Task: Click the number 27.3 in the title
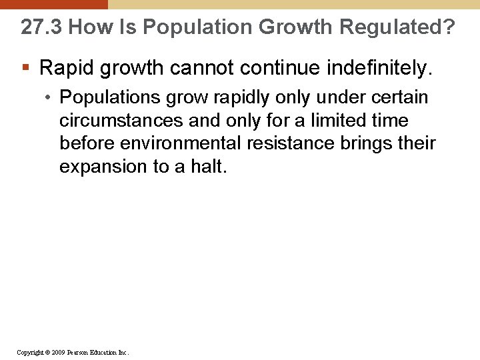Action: coord(41,27)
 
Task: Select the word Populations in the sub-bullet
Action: coord(110,97)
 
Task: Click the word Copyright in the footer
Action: coord(31,352)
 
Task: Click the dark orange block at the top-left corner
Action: coord(53,4)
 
